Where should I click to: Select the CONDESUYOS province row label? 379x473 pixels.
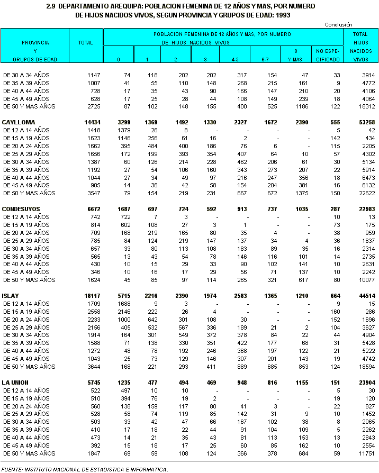click(x=21, y=209)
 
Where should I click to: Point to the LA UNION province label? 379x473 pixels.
click(x=16, y=383)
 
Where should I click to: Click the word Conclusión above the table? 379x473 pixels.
click(x=338, y=24)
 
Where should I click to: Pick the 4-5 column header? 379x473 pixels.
click(x=234, y=59)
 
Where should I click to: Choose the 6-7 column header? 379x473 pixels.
click(x=266, y=59)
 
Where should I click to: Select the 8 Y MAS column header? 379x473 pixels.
click(x=296, y=55)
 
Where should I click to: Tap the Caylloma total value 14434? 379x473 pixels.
click(x=92, y=122)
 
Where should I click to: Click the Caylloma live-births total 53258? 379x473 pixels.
click(x=359, y=122)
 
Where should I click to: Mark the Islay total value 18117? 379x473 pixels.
click(x=92, y=296)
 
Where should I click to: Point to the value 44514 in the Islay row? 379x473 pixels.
click(x=359, y=296)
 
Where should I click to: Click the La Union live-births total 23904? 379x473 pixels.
click(x=359, y=383)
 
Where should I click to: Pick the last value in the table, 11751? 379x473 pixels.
click(x=360, y=454)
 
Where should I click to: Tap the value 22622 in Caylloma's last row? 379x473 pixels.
click(x=360, y=194)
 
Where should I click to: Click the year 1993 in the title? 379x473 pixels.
click(x=283, y=15)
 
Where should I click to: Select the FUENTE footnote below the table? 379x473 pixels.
click(x=85, y=469)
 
